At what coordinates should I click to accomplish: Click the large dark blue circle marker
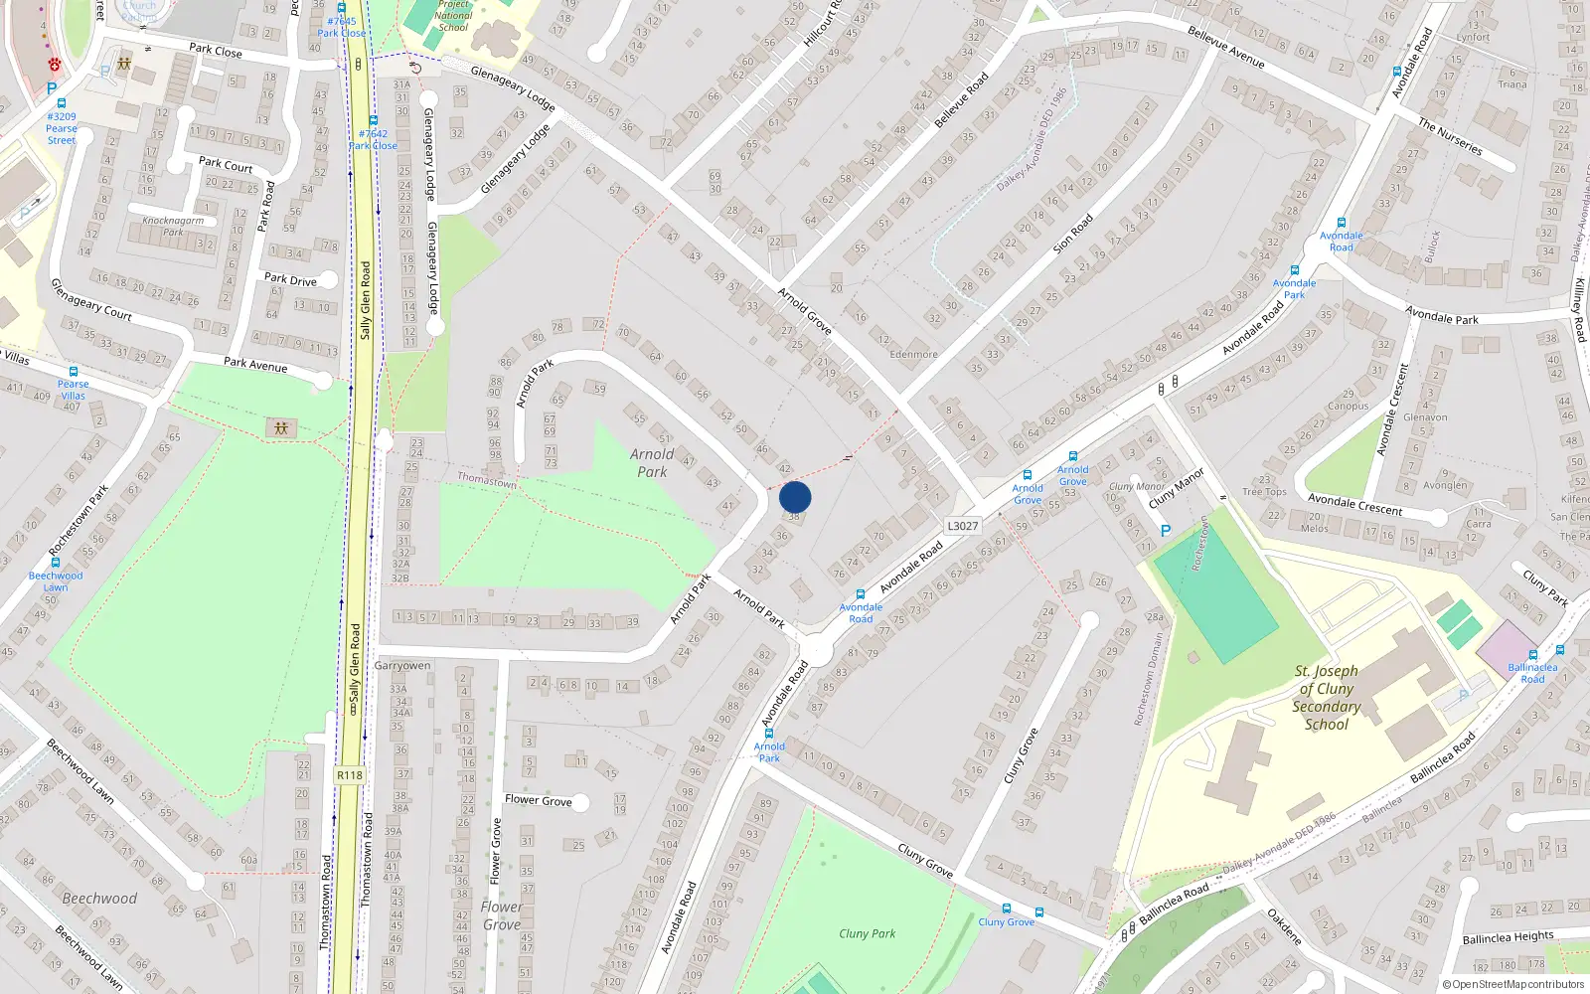tap(795, 497)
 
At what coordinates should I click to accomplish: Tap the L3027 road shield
tap(962, 526)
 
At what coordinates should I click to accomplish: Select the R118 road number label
tap(350, 775)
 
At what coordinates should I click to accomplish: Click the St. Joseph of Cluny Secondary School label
tap(1326, 697)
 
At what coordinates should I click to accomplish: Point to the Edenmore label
tap(913, 354)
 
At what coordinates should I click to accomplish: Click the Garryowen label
tap(402, 666)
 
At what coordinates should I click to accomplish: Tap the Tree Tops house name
tap(1264, 492)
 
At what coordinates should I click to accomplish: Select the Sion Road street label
tap(1072, 234)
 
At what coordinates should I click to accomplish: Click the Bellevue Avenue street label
tap(1226, 48)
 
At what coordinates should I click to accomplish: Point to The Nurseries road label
tap(1450, 137)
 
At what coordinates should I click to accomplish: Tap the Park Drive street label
tap(290, 279)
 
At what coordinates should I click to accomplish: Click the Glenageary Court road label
tap(91, 299)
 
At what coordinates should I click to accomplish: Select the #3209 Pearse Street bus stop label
tap(61, 128)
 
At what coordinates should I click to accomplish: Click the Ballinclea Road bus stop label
tap(1532, 673)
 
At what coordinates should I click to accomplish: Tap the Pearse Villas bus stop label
tap(73, 390)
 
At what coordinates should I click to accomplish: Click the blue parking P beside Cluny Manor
tap(1166, 532)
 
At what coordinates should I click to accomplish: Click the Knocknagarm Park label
tap(173, 227)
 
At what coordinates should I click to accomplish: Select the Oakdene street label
tap(1284, 926)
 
